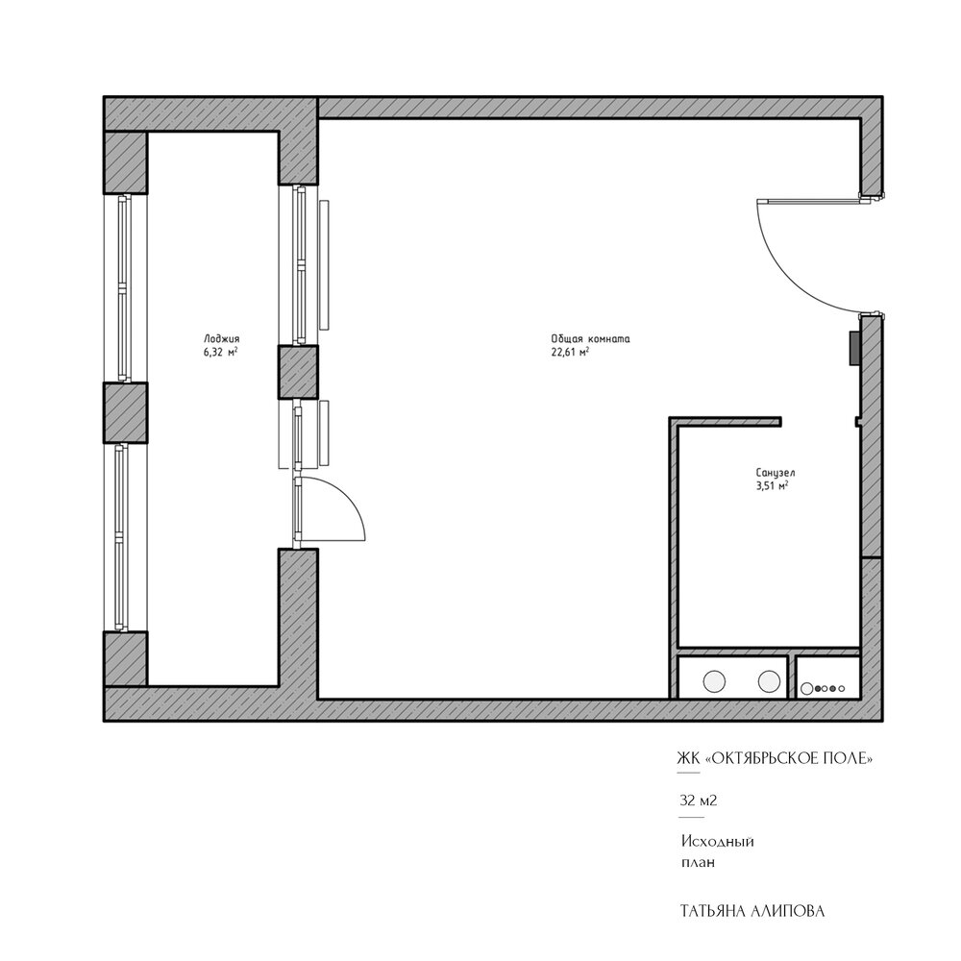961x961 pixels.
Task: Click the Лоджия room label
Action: [221, 339]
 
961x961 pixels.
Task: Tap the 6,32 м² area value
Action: [221, 353]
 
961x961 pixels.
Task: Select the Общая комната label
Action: [590, 339]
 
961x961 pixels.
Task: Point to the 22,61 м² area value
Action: [570, 353]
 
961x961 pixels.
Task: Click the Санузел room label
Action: [776, 473]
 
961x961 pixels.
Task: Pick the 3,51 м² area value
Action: [773, 486]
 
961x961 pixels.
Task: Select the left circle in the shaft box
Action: [714, 681]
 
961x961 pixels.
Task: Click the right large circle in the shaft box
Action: [769, 681]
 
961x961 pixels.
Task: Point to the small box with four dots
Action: [828, 678]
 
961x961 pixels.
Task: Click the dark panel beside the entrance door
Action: [853, 349]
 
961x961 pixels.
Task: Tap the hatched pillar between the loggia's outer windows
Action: [125, 412]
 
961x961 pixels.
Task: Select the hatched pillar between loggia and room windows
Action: [299, 372]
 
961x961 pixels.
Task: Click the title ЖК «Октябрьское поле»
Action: [775, 759]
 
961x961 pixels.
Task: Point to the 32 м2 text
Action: [698, 801]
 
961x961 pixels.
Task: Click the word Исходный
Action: [718, 842]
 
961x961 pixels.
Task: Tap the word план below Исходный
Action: [698, 863]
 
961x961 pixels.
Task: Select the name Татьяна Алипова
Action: [752, 911]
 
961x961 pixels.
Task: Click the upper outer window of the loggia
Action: [125, 288]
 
